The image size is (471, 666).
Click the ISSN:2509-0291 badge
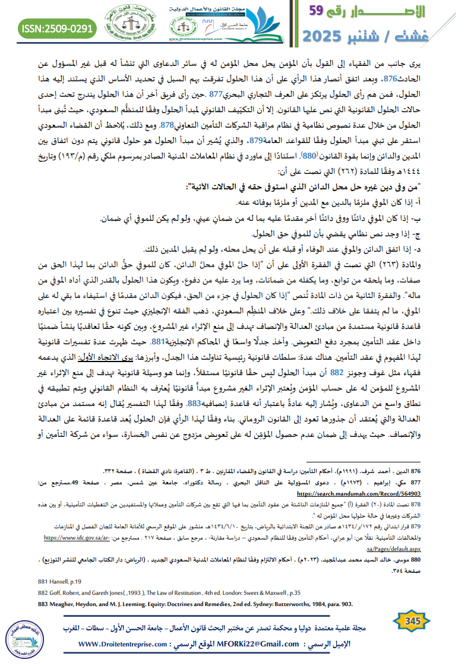click(58, 28)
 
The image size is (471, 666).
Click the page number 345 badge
click(412, 621)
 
